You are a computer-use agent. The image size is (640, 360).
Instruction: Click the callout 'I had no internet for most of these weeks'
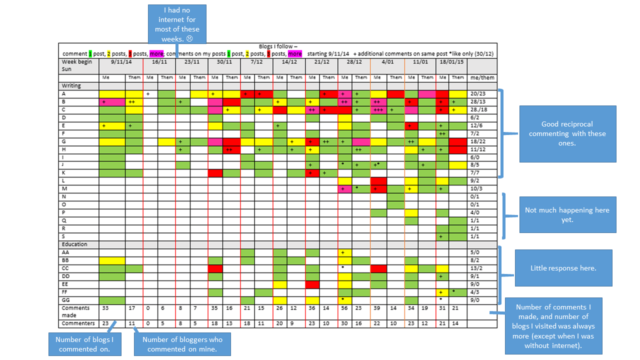pos(177,24)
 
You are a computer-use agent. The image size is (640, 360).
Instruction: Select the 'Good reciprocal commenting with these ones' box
pos(567,133)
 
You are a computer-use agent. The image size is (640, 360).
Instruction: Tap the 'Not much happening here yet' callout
pos(567,214)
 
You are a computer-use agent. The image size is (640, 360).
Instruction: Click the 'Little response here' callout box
pos(563,268)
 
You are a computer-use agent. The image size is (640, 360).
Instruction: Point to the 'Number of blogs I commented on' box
pos(84,344)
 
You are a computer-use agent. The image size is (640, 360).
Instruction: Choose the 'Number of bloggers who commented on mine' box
pos(182,344)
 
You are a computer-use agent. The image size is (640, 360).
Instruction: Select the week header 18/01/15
pos(450,62)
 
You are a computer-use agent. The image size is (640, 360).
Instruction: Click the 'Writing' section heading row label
pos(71,85)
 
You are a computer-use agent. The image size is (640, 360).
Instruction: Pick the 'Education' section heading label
pos(74,244)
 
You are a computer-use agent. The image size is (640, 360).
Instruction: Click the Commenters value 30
pos(344,323)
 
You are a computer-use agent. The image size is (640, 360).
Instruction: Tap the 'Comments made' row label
pos(75,311)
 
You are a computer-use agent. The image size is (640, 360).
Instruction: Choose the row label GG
pos(65,300)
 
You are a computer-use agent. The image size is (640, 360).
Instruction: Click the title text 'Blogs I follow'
pos(278,46)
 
